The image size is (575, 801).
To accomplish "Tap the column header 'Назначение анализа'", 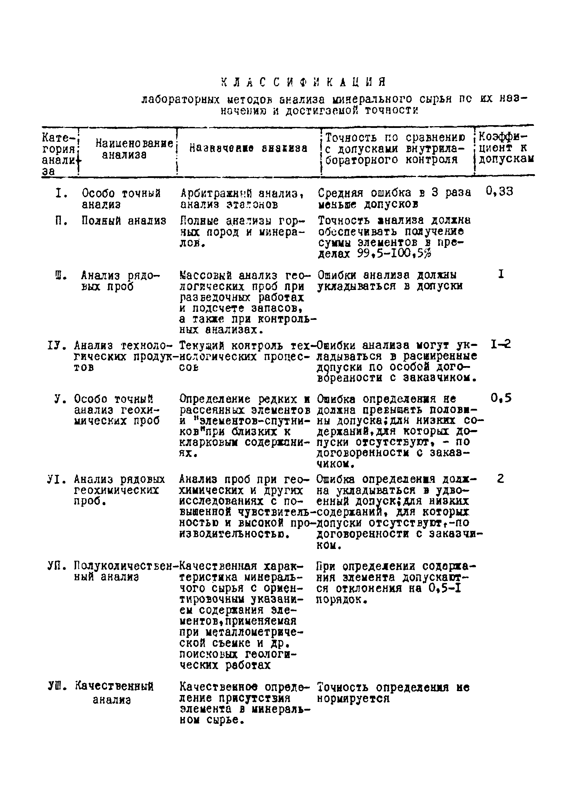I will pyautogui.click(x=248, y=148).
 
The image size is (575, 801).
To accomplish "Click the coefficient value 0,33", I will pyautogui.click(x=500, y=192).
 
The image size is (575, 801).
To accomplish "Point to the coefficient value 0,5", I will pyautogui.click(x=501, y=399).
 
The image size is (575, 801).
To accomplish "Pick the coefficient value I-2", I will pyautogui.click(x=501, y=344).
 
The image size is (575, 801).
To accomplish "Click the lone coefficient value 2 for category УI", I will pyautogui.click(x=501, y=479).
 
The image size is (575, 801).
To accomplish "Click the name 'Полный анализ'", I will pyautogui.click(x=124, y=221).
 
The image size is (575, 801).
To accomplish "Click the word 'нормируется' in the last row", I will pyautogui.click(x=353, y=698).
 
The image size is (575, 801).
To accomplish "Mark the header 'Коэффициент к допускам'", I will pyautogui.click(x=505, y=148).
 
